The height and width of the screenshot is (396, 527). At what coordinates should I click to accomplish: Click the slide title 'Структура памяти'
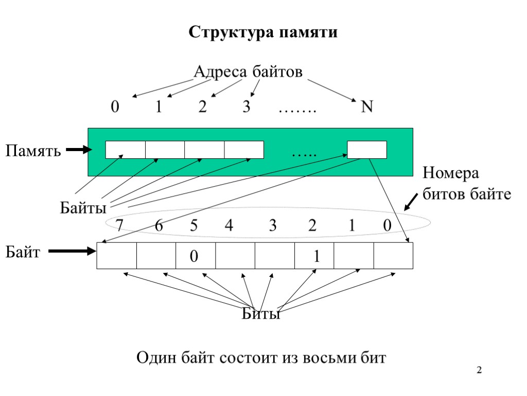click(x=263, y=32)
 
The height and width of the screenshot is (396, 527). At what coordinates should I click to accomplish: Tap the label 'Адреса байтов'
click(x=248, y=72)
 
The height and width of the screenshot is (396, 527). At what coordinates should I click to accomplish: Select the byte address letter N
click(x=366, y=107)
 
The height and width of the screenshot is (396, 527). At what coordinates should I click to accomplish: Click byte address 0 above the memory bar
click(x=115, y=107)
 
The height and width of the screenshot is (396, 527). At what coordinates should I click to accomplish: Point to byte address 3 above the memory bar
click(x=247, y=107)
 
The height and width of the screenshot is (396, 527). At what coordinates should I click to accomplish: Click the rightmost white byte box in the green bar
click(x=367, y=150)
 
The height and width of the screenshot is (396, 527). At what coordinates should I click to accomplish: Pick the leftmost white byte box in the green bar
click(x=125, y=150)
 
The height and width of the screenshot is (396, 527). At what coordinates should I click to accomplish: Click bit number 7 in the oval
click(x=119, y=225)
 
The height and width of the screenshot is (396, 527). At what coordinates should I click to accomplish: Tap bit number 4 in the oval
click(x=229, y=225)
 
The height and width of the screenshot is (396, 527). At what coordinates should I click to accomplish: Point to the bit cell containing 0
click(x=196, y=256)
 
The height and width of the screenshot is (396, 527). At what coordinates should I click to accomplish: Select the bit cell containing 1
click(x=314, y=256)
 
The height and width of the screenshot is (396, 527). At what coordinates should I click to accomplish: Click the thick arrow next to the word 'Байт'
click(x=76, y=252)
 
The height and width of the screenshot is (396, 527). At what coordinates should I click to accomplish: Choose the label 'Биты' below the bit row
click(x=261, y=313)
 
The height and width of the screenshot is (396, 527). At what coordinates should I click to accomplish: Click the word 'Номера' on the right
click(x=450, y=173)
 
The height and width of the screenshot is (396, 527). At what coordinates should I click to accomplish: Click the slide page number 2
click(x=479, y=370)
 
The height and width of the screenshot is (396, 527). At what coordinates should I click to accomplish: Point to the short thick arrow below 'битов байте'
click(x=411, y=202)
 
